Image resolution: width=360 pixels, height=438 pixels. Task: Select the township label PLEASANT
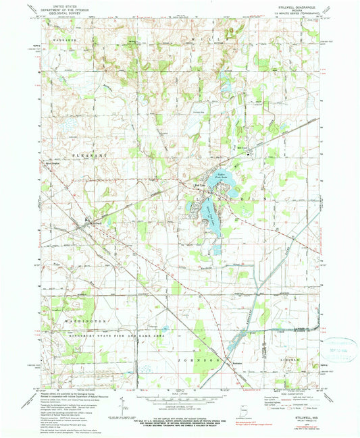(x=65, y=173)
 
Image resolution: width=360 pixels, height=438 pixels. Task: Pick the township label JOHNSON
(x=203, y=362)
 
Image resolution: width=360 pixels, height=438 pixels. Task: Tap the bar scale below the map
(x=180, y=403)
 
